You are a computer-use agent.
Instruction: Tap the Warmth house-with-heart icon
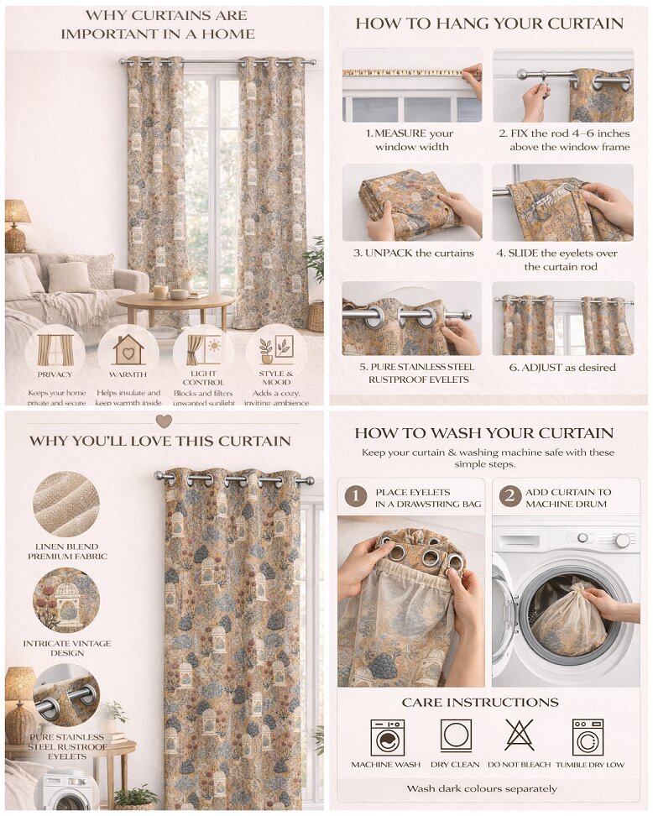[x=128, y=348]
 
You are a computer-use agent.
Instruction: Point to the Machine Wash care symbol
[x=387, y=736]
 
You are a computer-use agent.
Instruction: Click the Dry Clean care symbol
[x=456, y=735]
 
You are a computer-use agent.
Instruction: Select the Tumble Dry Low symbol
[x=588, y=736]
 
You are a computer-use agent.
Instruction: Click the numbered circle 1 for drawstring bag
[x=356, y=497]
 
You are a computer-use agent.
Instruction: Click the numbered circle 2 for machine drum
[x=509, y=496]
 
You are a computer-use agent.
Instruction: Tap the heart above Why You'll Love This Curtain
[x=164, y=421]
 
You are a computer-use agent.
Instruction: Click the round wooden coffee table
[x=175, y=301]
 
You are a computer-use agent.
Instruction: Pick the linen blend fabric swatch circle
[x=66, y=504]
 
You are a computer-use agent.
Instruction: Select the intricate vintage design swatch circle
[x=66, y=599]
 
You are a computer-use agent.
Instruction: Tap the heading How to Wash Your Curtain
[x=483, y=433]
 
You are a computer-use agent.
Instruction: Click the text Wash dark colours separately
[x=481, y=788]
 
